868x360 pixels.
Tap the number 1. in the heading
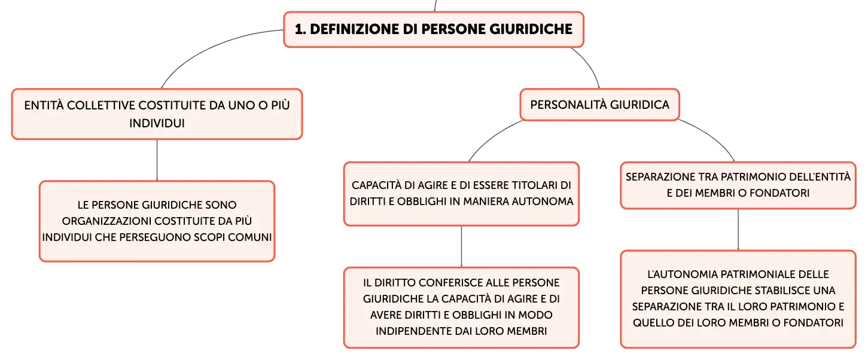[x=300, y=29]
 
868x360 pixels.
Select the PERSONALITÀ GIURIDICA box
[x=599, y=105]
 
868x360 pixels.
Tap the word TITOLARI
[x=533, y=185]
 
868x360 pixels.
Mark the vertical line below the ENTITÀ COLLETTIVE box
[x=157, y=160]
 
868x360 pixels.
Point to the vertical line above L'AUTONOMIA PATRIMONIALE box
[x=738, y=230]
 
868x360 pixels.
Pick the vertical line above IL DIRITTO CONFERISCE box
[x=461, y=246]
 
